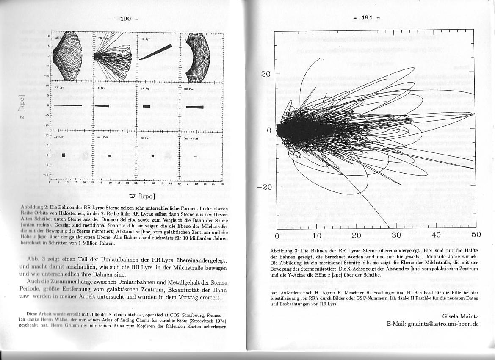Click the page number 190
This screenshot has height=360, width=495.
[126, 19]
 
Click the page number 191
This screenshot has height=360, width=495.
[367, 17]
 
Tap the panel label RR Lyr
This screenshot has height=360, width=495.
[59, 87]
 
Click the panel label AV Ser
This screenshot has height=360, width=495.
[58, 137]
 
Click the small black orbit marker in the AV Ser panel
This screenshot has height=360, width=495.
[64, 155]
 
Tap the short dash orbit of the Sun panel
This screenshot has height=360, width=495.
[195, 157]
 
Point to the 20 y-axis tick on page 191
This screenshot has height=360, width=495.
[265, 74]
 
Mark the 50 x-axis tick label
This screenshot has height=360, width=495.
[476, 235]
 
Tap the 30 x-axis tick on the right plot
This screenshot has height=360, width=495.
[396, 235]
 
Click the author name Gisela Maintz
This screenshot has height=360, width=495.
[460, 316]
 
